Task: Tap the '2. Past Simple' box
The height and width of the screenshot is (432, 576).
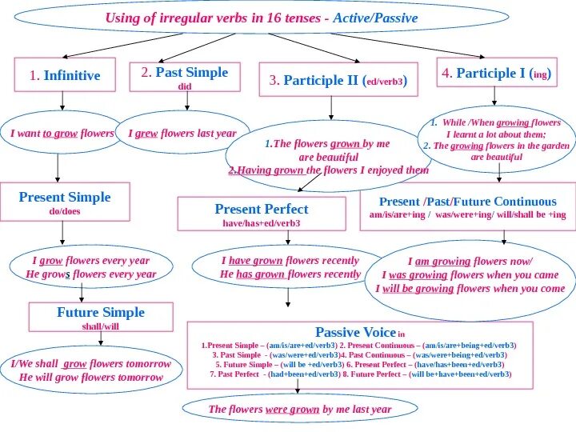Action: click(185, 77)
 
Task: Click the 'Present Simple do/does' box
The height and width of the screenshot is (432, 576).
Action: click(65, 202)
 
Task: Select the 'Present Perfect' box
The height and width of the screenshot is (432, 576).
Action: click(261, 214)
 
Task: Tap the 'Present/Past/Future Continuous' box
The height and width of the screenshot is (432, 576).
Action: click(467, 207)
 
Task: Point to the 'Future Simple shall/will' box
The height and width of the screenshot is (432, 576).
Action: click(100, 317)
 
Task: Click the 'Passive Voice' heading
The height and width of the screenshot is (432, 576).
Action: click(356, 332)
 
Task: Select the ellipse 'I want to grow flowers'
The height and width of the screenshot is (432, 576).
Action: click(62, 134)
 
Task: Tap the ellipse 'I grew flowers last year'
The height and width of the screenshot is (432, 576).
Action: click(182, 134)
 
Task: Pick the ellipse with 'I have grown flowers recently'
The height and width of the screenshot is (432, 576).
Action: click(290, 267)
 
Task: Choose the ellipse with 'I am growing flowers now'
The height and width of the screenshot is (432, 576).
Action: click(473, 275)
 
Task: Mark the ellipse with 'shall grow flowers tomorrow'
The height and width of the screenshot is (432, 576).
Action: click(90, 370)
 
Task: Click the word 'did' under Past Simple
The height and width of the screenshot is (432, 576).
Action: click(185, 86)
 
